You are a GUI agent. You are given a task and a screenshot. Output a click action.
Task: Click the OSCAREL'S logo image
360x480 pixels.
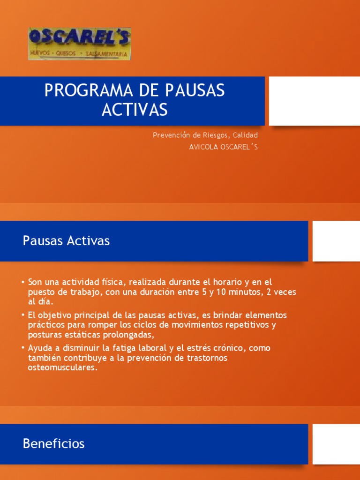coord(80,44)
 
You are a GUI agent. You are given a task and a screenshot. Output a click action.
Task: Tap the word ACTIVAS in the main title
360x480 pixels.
coord(135,110)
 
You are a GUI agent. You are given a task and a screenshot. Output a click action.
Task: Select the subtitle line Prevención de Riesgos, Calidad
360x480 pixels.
coord(205,135)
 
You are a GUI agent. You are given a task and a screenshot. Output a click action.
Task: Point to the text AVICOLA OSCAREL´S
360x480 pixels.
coord(223,147)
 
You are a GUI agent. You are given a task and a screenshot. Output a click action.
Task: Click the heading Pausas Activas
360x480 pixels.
coord(66,241)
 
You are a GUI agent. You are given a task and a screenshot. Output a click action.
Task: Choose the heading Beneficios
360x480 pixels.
coord(53,443)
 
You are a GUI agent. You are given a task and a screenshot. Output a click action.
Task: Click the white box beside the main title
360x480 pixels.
coord(314,101)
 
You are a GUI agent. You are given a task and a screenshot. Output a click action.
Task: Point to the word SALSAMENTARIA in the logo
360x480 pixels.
coord(106,54)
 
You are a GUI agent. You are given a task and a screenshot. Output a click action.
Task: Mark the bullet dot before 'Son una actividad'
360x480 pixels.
coord(23,282)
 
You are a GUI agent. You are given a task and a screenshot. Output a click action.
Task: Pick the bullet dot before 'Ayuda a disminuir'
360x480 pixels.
coord(23,349)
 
